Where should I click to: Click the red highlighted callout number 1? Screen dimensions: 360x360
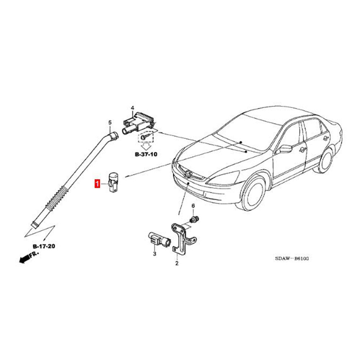pyautogui.click(x=97, y=184)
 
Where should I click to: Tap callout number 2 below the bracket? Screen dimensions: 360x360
pyautogui.click(x=177, y=264)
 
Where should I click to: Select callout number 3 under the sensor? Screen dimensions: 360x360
pyautogui.click(x=155, y=254)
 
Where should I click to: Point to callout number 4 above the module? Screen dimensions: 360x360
pyautogui.click(x=132, y=108)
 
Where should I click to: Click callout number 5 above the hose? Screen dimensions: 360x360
pyautogui.click(x=110, y=122)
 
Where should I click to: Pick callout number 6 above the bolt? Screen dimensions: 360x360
pyautogui.click(x=193, y=206)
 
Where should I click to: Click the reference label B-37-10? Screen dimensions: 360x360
pyautogui.click(x=146, y=154)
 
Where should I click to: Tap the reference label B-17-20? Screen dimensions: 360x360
pyautogui.click(x=44, y=246)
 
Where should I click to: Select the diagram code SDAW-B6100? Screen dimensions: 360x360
pyautogui.click(x=292, y=258)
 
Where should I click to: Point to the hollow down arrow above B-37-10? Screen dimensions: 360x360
pyautogui.click(x=145, y=146)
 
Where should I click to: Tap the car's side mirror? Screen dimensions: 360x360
pyautogui.click(x=285, y=149)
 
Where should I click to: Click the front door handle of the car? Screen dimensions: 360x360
pyautogui.click(x=303, y=150)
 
